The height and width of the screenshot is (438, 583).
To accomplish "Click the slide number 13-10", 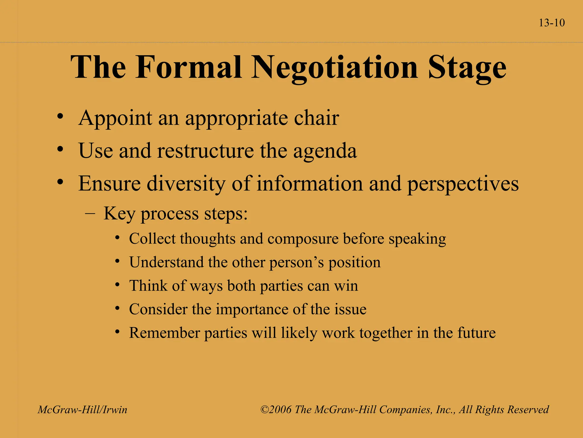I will [552, 23].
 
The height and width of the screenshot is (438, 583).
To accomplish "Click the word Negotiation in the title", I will [334, 68].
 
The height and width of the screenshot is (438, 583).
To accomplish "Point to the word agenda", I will [325, 151].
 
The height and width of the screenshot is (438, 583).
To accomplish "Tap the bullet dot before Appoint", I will [60, 117].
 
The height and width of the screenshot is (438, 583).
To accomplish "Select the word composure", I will [303, 239].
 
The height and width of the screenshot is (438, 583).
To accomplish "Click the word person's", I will [297, 263].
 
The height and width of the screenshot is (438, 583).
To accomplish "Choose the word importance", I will [252, 309].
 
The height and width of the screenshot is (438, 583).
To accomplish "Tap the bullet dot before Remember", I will [117, 332].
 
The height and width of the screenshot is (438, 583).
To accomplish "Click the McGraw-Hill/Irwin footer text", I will [83, 410].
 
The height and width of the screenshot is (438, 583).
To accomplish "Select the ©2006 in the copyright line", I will [276, 410].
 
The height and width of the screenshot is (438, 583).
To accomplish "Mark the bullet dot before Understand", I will [117, 261].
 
